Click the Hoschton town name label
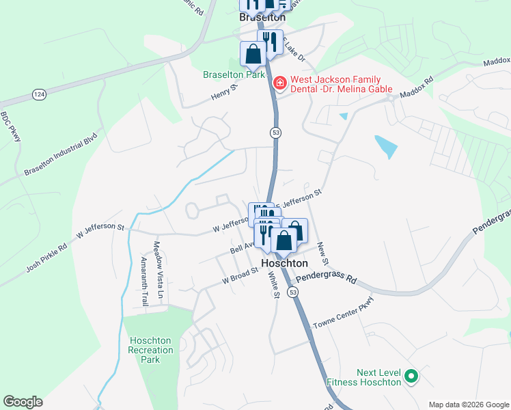click(285, 263)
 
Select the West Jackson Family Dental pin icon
click(279, 83)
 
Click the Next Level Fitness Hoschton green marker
click(411, 375)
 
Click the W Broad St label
click(240, 275)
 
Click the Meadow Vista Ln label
click(158, 271)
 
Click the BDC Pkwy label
click(10, 127)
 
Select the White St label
click(274, 285)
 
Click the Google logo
click(23, 402)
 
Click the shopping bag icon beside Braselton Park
click(253, 54)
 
